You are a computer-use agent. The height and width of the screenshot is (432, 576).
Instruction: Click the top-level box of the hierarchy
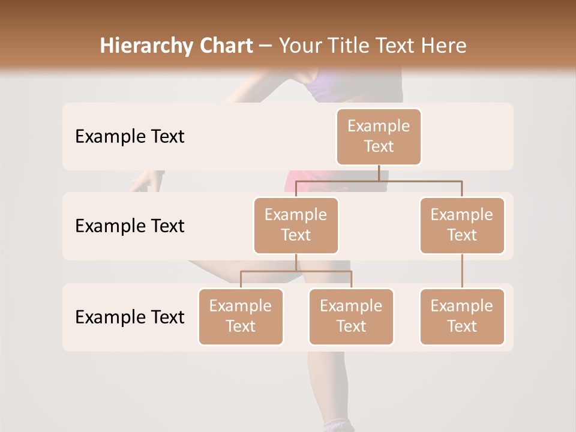379,136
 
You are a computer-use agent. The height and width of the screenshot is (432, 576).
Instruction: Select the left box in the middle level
296,225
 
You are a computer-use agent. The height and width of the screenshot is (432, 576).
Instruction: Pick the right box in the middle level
462,225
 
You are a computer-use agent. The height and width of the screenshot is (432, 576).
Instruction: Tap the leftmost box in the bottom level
241,316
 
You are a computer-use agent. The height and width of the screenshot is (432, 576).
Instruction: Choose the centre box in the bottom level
351,316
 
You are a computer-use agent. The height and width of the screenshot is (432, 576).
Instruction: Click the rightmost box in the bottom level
462,316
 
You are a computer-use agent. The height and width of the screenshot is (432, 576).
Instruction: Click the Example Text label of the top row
130,137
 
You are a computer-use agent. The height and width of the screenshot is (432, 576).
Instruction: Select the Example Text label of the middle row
130,226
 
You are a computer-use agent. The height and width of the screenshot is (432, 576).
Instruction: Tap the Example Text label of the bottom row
130,317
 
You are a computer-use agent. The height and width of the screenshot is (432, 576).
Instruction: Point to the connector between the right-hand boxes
462,271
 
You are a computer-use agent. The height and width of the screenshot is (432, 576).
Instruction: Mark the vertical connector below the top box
379,173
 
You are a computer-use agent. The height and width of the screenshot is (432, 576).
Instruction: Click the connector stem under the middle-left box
296,262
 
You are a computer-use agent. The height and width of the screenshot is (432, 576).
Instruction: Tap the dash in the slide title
266,46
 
